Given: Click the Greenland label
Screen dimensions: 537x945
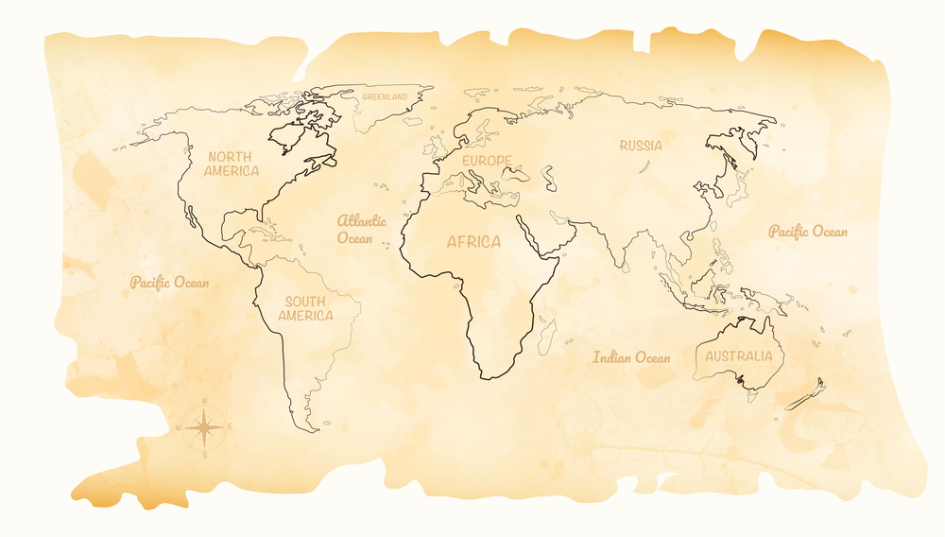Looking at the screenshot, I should pyautogui.click(x=385, y=96).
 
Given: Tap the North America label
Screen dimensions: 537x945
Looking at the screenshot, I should pyautogui.click(x=232, y=164).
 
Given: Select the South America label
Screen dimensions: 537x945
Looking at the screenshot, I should pyautogui.click(x=306, y=308).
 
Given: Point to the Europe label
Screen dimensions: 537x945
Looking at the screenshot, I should pyautogui.click(x=487, y=161).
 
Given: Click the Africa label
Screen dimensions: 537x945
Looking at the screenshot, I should pyautogui.click(x=473, y=242).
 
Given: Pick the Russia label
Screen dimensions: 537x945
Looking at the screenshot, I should pyautogui.click(x=641, y=146).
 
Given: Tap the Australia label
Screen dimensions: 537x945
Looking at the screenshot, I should pyautogui.click(x=739, y=356).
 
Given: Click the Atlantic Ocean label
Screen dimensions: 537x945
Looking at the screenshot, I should pyautogui.click(x=362, y=229).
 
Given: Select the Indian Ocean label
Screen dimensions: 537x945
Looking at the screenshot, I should pyautogui.click(x=631, y=357).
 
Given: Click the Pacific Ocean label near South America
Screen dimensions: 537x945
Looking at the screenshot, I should pyautogui.click(x=170, y=282).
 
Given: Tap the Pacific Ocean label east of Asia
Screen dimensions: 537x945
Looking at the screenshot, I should pyautogui.click(x=808, y=232).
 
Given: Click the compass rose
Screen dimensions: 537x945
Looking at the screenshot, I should pyautogui.click(x=205, y=427).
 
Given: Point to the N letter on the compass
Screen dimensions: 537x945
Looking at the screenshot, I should pyautogui.click(x=205, y=401).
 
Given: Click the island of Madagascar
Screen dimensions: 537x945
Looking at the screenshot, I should pyautogui.click(x=546, y=335).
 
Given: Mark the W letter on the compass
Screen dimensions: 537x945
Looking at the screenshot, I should pyautogui.click(x=179, y=427).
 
